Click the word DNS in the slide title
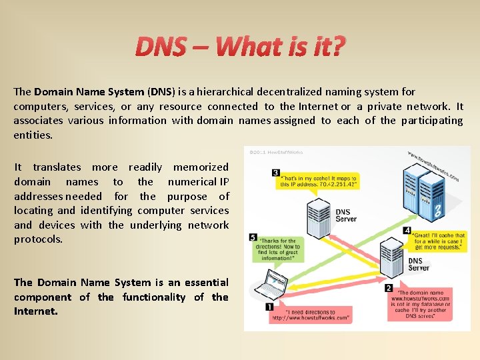[160, 47]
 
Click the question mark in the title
[339, 47]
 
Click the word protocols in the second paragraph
[38, 239]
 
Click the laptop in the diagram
[271, 283]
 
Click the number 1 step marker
[269, 307]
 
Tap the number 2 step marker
[388, 288]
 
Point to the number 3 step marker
[275, 173]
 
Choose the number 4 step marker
[407, 230]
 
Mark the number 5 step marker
[253, 237]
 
